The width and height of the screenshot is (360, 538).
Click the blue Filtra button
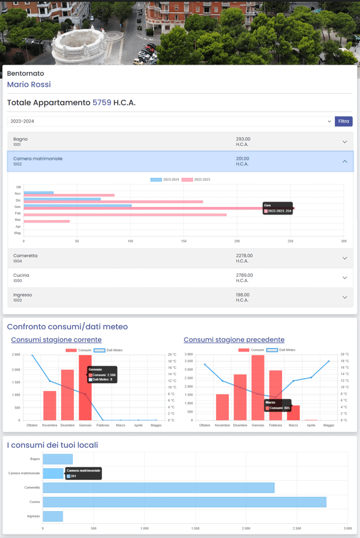coord(344,121)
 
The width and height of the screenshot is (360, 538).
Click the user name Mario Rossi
coord(29,85)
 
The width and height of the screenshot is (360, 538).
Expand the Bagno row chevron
coord(344,142)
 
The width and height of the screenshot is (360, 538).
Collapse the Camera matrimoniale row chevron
coord(344,161)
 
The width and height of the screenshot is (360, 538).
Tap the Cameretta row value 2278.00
coord(244,256)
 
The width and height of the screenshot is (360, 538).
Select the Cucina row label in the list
coord(21,275)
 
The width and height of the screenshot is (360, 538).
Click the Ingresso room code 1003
coord(17,300)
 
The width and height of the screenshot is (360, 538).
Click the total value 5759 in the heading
coord(102,103)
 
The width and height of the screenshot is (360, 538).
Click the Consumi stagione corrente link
coord(56,340)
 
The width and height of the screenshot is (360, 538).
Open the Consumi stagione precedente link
coord(234,340)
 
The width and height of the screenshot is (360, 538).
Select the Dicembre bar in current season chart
coord(68,395)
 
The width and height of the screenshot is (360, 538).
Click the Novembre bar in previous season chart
coord(223,407)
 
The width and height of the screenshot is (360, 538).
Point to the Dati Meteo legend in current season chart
coord(108,350)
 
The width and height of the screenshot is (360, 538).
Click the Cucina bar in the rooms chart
coord(184,502)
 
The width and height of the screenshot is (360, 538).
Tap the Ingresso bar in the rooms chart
coord(52,516)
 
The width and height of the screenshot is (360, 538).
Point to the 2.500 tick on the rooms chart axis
coord(297,529)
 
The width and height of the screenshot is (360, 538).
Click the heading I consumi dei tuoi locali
coord(52,445)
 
